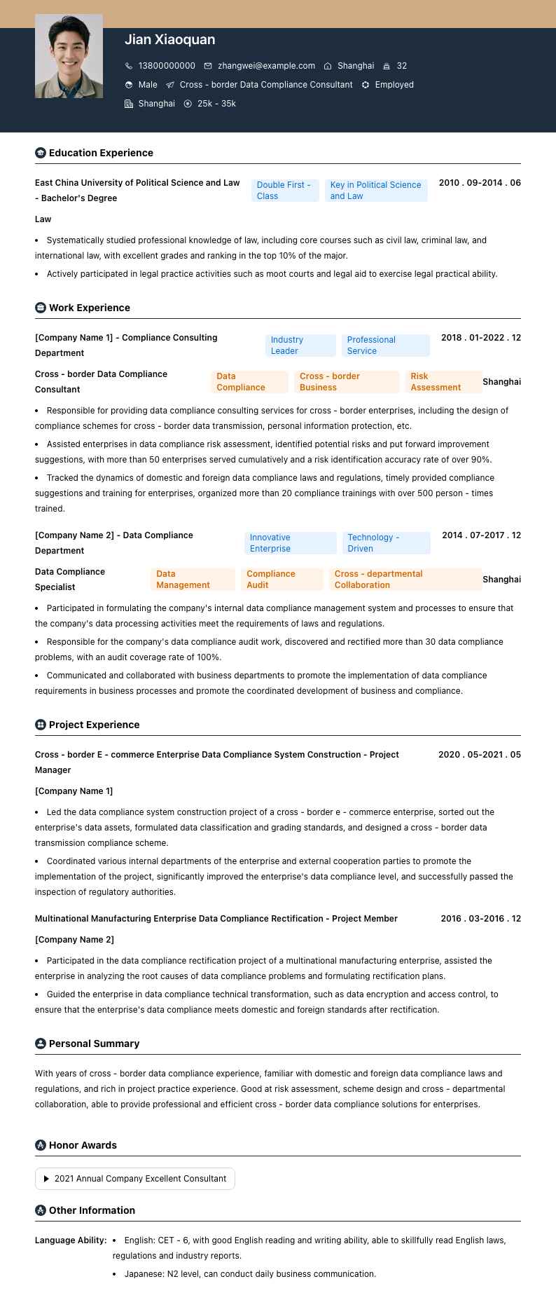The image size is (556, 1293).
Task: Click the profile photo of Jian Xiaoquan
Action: pyautogui.click(x=69, y=57)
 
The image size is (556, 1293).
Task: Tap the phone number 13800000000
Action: pyautogui.click(x=167, y=66)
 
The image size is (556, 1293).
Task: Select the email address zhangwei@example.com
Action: pyautogui.click(x=266, y=66)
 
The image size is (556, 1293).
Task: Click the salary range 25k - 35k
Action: pyautogui.click(x=216, y=104)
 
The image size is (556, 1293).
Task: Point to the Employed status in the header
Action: pyautogui.click(x=394, y=85)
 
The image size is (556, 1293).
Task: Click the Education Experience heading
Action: pyautogui.click(x=101, y=153)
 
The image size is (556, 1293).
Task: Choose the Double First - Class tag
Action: pyautogui.click(x=284, y=191)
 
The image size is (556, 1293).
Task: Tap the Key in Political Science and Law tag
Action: pyautogui.click(x=375, y=191)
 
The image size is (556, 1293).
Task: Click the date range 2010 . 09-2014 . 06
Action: pyautogui.click(x=480, y=183)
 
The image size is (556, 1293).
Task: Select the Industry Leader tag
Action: pyautogui.click(x=300, y=346)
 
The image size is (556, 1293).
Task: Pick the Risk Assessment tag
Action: pyautogui.click(x=443, y=382)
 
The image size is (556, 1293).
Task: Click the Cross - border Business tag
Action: pyautogui.click(x=346, y=382)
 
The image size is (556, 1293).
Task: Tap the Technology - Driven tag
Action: pyautogui.click(x=386, y=543)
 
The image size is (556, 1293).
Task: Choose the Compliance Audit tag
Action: pyautogui.click(x=281, y=580)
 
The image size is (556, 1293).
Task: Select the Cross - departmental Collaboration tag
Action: pyautogui.click(x=405, y=580)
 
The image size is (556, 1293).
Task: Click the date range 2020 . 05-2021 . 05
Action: pyautogui.click(x=480, y=755)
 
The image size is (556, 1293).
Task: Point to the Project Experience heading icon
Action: pyautogui.click(x=41, y=725)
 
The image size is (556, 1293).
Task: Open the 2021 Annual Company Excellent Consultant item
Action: pyautogui.click(x=135, y=1179)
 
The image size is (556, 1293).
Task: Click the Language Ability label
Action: pyautogui.click(x=71, y=1240)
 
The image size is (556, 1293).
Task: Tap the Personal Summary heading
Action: pyautogui.click(x=94, y=1044)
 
